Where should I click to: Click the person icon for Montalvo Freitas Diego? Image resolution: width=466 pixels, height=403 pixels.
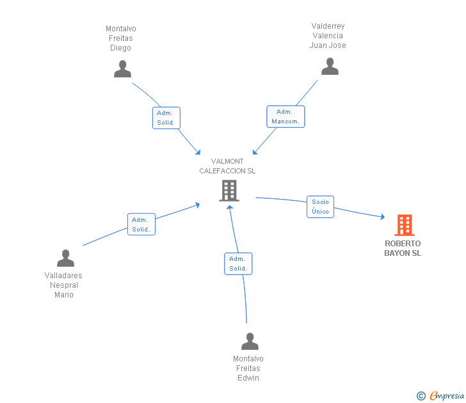(x=122, y=69)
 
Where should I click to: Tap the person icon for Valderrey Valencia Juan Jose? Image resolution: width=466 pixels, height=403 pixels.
(x=330, y=67)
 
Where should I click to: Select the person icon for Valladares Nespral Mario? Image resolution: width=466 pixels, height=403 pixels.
(x=65, y=258)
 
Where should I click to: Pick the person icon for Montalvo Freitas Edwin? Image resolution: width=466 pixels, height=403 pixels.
(x=250, y=342)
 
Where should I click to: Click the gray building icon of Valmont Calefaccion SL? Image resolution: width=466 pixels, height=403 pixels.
(x=229, y=190)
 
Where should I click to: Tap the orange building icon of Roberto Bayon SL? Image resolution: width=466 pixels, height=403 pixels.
(x=404, y=225)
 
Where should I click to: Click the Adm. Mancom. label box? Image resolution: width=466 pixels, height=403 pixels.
(x=285, y=116)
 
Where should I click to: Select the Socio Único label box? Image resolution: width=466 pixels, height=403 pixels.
(x=320, y=207)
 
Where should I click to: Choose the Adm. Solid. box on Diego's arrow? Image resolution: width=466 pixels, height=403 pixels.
(x=166, y=118)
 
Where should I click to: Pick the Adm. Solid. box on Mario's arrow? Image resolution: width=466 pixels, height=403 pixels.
(x=141, y=225)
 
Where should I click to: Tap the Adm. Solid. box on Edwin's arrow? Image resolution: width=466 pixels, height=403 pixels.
(x=238, y=264)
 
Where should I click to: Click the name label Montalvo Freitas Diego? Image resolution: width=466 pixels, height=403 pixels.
(x=120, y=38)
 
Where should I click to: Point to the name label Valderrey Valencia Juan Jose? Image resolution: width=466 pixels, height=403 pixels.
(x=328, y=36)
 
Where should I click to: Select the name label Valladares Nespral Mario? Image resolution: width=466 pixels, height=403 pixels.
(x=63, y=285)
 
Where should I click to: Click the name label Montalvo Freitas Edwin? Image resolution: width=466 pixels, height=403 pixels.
(x=248, y=368)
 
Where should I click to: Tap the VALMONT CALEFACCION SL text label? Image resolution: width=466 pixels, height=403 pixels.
(x=227, y=166)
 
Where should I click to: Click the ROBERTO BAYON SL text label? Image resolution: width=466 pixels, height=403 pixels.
(x=403, y=248)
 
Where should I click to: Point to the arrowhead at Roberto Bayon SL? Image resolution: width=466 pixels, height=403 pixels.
(x=382, y=217)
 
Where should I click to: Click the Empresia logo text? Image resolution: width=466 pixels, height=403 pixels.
(x=447, y=396)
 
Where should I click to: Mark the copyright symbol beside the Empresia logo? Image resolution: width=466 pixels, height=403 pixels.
(x=421, y=396)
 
